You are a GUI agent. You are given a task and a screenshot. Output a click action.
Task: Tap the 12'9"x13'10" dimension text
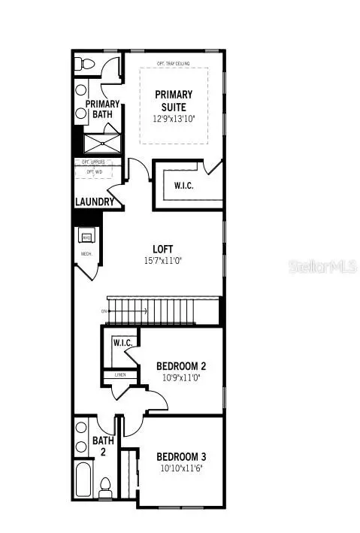click(174, 119)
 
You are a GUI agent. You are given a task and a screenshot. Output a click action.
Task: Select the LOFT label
click(163, 249)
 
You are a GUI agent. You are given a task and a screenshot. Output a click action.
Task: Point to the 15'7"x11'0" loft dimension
click(163, 261)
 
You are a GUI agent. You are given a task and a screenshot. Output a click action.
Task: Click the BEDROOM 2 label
click(181, 366)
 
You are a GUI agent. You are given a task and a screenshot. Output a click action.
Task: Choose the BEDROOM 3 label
click(181, 456)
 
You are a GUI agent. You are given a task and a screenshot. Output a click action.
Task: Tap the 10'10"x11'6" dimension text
click(181, 468)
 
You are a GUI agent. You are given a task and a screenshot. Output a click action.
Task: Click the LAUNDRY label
click(95, 202)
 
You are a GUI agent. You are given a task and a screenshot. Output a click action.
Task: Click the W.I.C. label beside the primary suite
click(184, 186)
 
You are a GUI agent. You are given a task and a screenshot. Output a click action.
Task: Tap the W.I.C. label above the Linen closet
click(123, 343)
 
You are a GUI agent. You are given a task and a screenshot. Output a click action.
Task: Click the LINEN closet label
click(120, 374)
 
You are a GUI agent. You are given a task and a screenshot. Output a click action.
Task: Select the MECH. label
click(86, 254)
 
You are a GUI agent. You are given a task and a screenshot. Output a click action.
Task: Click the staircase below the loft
click(161, 310)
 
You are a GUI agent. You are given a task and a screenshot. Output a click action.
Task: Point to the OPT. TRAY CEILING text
click(173, 62)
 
